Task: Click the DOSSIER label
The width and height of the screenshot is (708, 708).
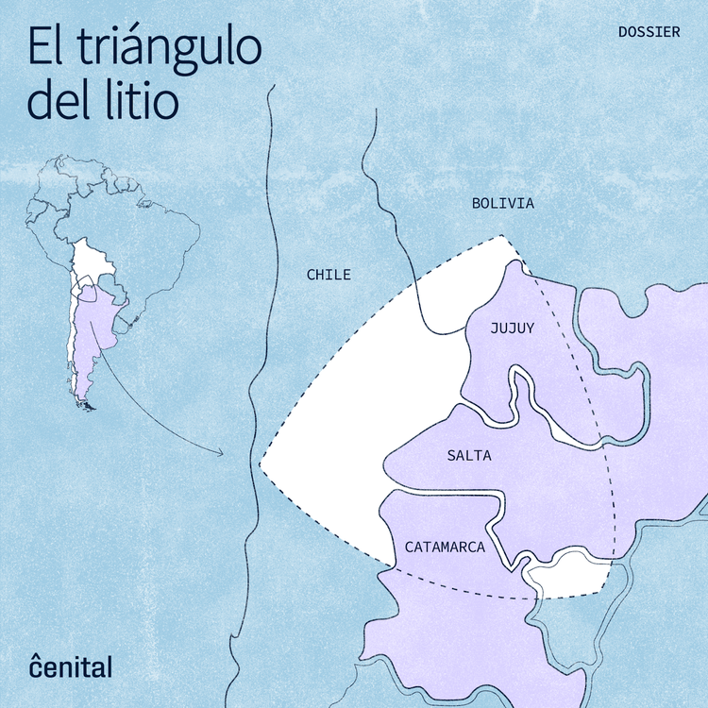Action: point(649,31)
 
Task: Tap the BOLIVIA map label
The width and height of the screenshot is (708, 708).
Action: point(503,203)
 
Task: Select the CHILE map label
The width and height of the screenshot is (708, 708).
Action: point(329,275)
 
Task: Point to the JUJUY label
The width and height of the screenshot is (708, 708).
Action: point(513,329)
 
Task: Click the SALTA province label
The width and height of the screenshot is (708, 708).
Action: point(469,455)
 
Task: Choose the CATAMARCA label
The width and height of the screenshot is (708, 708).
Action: point(445,547)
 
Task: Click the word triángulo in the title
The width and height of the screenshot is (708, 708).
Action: point(169,46)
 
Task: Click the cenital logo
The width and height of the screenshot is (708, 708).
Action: point(70,666)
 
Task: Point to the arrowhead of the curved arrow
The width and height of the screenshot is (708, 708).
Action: point(221,453)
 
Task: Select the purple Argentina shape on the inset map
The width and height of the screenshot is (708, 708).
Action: point(90,330)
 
